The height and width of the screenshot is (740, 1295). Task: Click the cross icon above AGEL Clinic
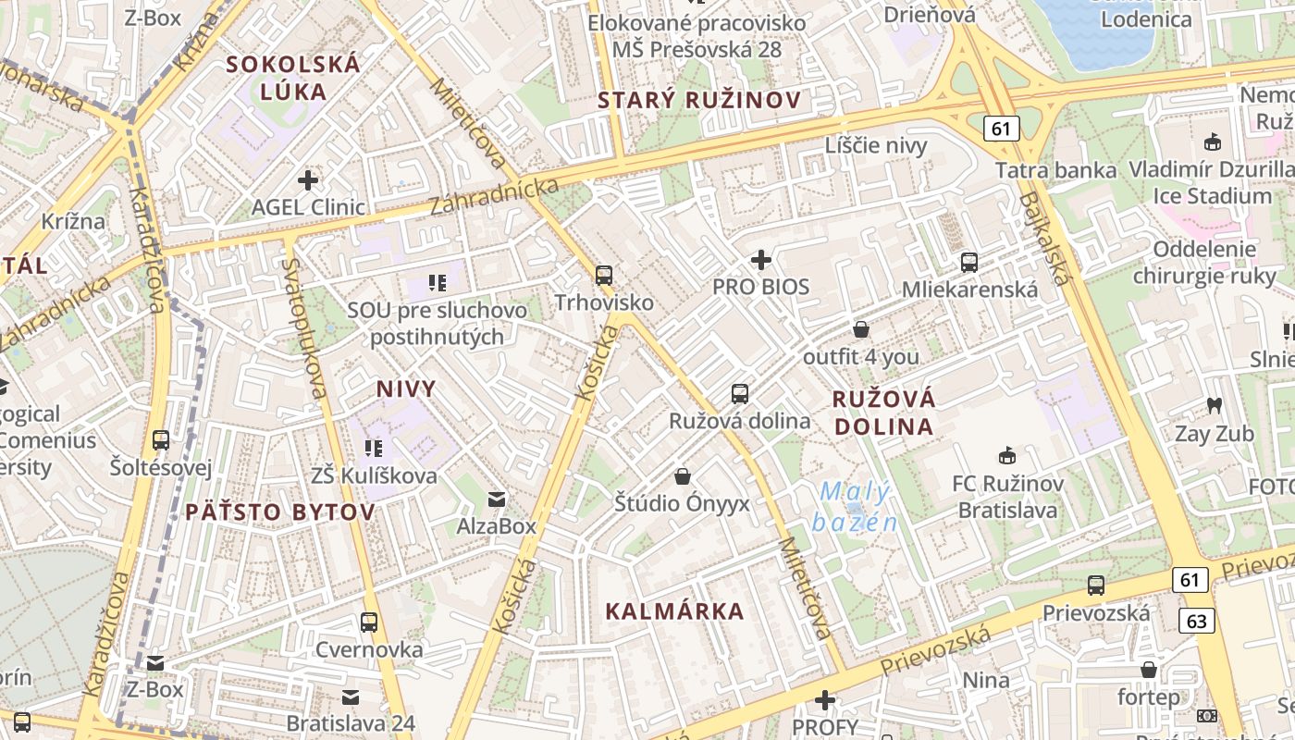coord(308,179)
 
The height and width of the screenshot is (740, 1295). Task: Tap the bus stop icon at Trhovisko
coord(604,275)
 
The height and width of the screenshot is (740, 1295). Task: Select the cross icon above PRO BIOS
coord(761,260)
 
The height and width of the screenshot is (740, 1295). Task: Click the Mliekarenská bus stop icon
coord(968,262)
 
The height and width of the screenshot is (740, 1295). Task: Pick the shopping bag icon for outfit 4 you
coord(861,329)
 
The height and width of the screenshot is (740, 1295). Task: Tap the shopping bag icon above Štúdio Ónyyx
coord(683,476)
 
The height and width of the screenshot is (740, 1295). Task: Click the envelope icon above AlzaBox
coord(497,499)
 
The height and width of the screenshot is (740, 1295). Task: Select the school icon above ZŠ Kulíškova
coord(374,449)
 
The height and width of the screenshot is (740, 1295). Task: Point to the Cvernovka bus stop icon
coord(369,622)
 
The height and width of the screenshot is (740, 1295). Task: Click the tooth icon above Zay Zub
coord(1214,405)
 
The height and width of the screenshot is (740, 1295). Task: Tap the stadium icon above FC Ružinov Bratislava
coord(1007,455)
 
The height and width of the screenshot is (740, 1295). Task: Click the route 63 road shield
coord(1196,621)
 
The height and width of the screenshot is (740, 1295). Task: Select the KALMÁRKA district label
coord(674,610)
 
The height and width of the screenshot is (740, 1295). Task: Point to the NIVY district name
coord(405,388)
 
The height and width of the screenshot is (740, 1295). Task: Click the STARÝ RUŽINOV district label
coord(698,101)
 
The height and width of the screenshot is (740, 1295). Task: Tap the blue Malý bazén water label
coord(855,507)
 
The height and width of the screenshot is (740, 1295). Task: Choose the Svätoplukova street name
coord(304,328)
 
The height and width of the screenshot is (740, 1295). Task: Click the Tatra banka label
coord(1055,170)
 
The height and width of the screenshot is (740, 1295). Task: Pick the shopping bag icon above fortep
coord(1149,670)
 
